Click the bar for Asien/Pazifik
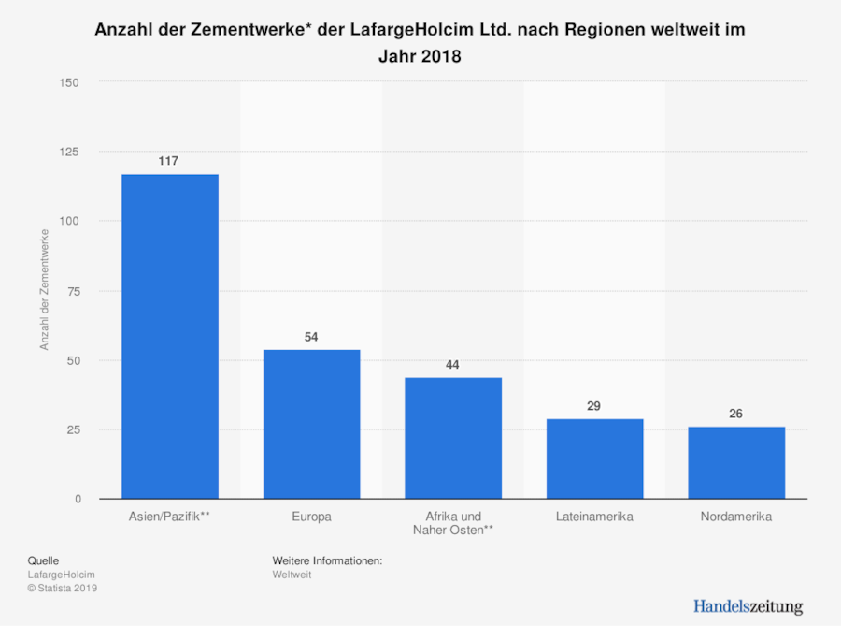click(x=169, y=337)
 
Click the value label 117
click(x=169, y=161)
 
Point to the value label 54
click(x=311, y=337)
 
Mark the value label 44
click(x=453, y=365)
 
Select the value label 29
click(x=594, y=406)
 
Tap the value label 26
click(x=736, y=414)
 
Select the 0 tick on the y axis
click(x=78, y=499)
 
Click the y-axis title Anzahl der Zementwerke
click(x=44, y=291)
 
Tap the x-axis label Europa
click(x=311, y=517)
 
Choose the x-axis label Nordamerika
click(x=736, y=517)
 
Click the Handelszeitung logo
click(x=748, y=605)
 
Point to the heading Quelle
click(x=44, y=560)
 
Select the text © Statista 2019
click(x=63, y=588)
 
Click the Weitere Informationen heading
click(x=328, y=560)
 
